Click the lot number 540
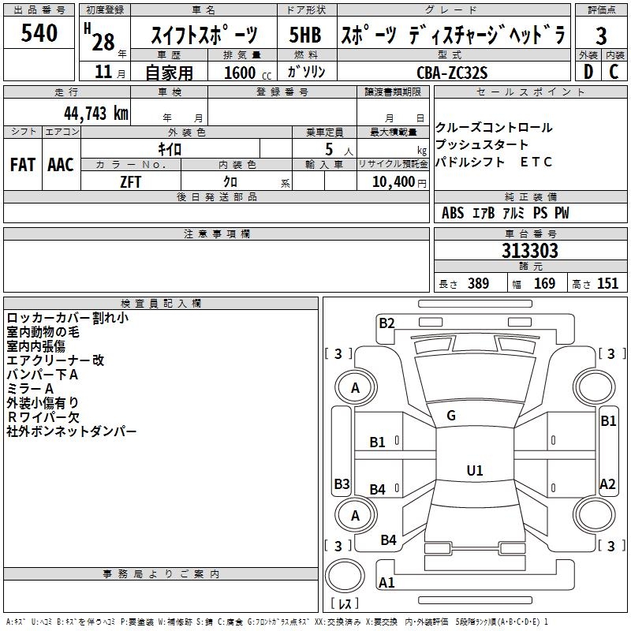pyautogui.click(x=39, y=34)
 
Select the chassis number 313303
pyautogui.click(x=531, y=251)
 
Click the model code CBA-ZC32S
pyautogui.click(x=452, y=73)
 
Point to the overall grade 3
pyautogui.click(x=601, y=35)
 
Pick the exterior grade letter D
pyautogui.click(x=588, y=72)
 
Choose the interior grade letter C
pyautogui.click(x=614, y=72)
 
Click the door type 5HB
pyautogui.click(x=304, y=35)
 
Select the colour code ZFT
pyautogui.click(x=131, y=181)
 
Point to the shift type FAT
pyautogui.click(x=22, y=165)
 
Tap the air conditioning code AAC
pyautogui.click(x=61, y=165)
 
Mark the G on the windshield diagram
pyautogui.click(x=451, y=416)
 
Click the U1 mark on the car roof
pyautogui.click(x=474, y=471)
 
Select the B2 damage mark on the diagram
pyautogui.click(x=386, y=322)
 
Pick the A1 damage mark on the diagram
pyautogui.click(x=386, y=584)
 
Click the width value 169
pyautogui.click(x=544, y=284)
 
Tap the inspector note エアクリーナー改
pyautogui.click(x=55, y=360)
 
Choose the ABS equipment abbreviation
pyautogui.click(x=453, y=213)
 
